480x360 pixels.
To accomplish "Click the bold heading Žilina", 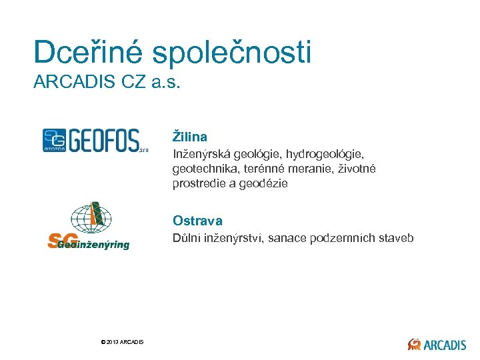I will click(x=190, y=137).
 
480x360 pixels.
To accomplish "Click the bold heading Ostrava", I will click(x=197, y=221).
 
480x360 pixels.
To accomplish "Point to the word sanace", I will click(x=288, y=238).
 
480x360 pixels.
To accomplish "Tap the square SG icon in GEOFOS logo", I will click(x=54, y=140).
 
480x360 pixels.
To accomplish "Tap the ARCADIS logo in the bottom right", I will click(x=437, y=344).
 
